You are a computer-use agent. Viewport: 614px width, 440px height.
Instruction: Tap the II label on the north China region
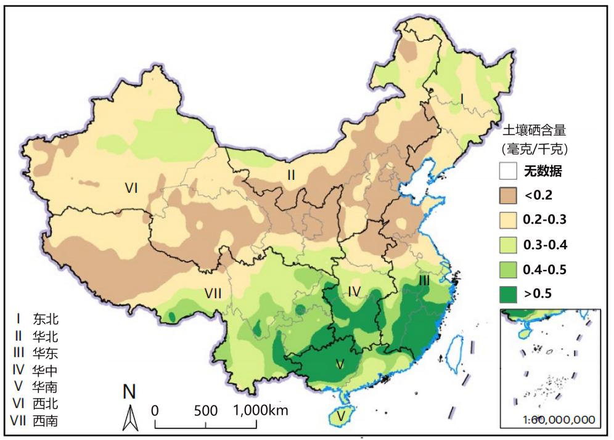291,175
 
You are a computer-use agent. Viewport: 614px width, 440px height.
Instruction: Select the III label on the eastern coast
424,280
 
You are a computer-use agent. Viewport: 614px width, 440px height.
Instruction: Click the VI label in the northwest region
131,188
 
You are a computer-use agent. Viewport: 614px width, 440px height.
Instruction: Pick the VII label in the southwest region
213,293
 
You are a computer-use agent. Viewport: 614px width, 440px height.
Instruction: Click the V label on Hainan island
341,417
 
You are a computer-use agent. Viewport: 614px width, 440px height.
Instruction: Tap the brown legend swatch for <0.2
507,195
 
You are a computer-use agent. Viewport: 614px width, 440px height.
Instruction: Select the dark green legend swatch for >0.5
507,294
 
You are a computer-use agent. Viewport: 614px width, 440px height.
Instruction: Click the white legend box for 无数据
507,171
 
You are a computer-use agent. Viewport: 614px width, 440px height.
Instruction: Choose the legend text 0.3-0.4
544,245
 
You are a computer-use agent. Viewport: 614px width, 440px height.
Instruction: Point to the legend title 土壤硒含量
534,131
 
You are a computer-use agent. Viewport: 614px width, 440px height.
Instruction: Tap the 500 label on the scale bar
205,410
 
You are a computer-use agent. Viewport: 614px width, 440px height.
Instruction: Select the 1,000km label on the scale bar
261,410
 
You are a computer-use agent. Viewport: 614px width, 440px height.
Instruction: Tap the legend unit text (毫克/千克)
534,149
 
